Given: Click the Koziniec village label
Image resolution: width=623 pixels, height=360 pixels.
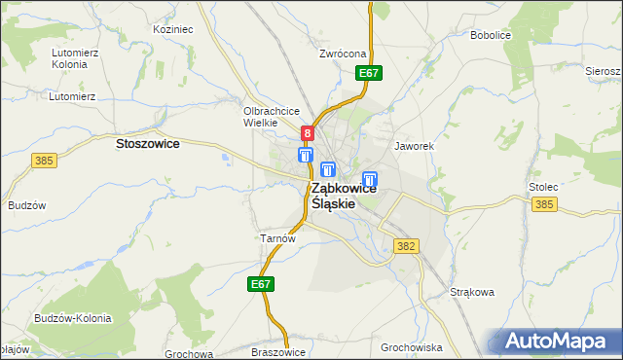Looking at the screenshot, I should click(173, 30).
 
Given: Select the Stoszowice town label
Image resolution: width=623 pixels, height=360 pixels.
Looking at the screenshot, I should click(147, 143).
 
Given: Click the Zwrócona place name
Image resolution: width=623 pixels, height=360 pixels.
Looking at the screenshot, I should click(343, 54).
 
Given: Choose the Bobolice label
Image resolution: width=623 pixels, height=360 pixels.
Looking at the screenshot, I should click(491, 35).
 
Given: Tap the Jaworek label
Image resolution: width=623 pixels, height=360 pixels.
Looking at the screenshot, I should click(413, 146).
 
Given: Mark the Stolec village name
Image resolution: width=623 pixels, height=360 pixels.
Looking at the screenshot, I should click(543, 186).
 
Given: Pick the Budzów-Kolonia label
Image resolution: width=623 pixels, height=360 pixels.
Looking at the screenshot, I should click(72, 318).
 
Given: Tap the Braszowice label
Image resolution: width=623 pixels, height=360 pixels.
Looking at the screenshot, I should click(278, 352).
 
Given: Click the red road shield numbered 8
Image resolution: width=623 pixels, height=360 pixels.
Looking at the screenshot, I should click(308, 133).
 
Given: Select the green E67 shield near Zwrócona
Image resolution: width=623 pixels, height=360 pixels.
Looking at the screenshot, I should click(368, 73).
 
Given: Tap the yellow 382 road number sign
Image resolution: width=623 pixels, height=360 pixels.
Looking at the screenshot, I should click(407, 246).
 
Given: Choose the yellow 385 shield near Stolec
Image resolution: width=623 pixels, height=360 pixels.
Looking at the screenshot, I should click(544, 203).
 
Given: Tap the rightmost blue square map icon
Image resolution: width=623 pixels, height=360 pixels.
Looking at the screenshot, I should click(370, 179).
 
